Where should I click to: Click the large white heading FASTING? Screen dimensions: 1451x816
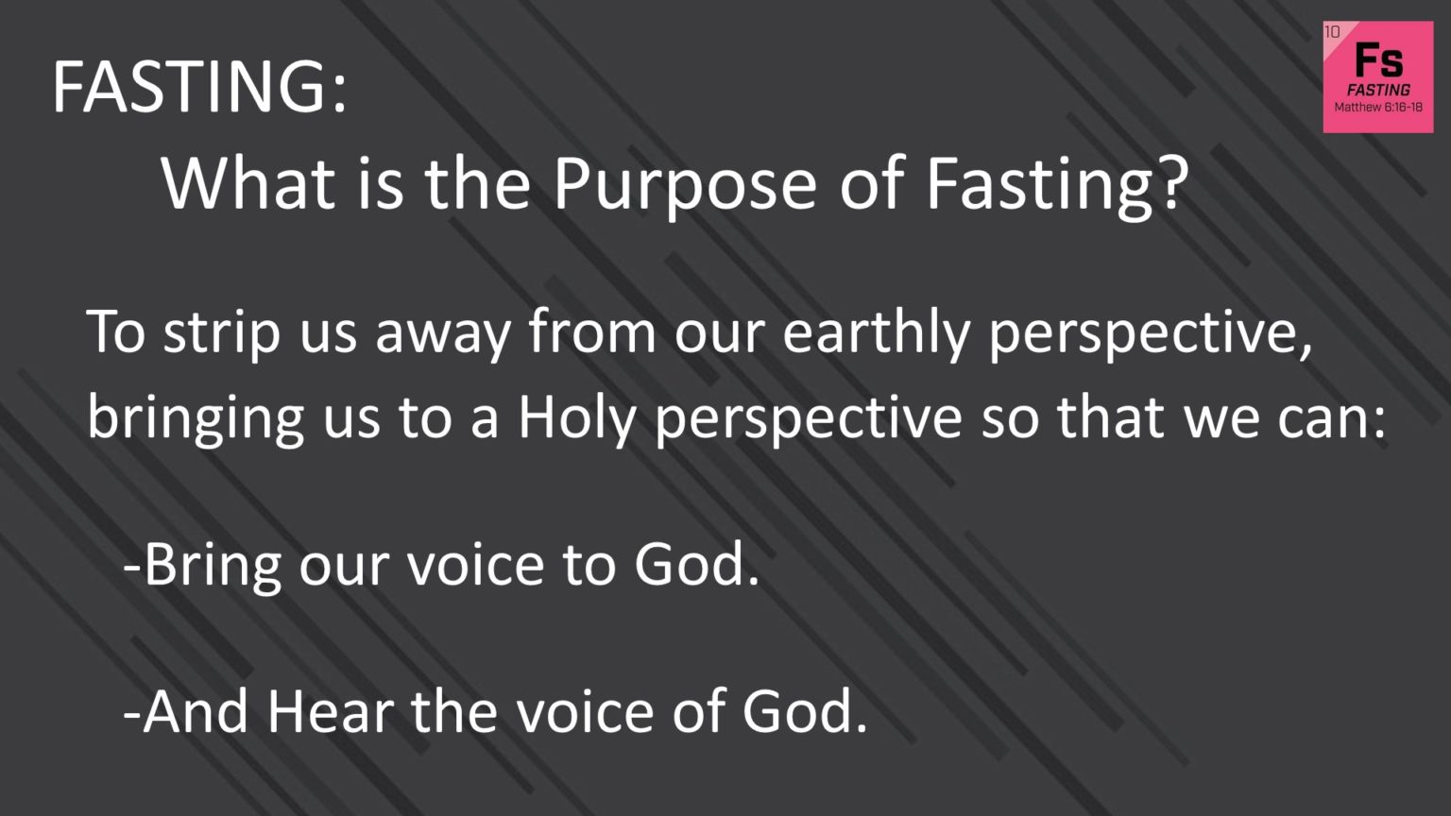pos(199,88)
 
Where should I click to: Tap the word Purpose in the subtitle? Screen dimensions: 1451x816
pos(684,185)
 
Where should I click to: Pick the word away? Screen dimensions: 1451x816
pos(443,337)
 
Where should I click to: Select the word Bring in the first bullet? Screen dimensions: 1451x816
pos(213,567)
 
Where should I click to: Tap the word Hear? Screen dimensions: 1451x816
pos(331,712)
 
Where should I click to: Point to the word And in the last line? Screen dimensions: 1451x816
pos(195,712)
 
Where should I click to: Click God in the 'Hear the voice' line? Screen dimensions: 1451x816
pos(804,712)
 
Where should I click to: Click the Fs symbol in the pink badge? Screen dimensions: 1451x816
pos(1378,60)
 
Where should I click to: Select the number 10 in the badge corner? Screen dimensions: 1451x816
pos(1332,32)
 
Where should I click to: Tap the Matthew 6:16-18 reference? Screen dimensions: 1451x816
pos(1378,107)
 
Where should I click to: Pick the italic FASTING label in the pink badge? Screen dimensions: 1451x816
pos(1378,90)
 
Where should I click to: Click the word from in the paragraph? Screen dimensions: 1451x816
pos(592,332)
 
